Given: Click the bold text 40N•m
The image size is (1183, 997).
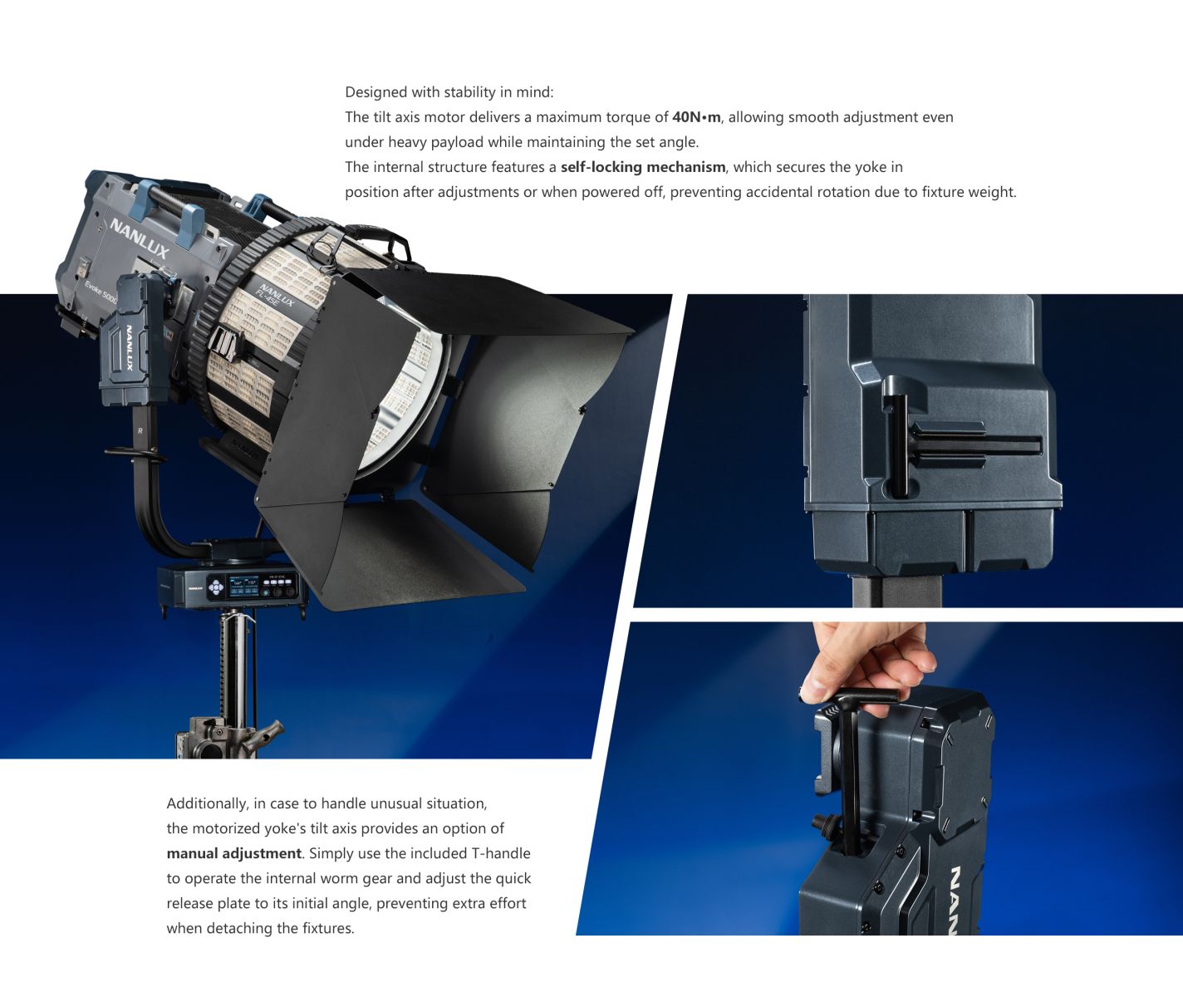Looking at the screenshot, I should coord(696,117).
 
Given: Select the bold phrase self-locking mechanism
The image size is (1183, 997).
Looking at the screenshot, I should coord(643,167).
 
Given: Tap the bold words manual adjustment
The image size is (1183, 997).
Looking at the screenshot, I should coord(233,853).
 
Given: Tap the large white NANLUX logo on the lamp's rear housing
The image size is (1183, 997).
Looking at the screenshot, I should coord(140,238).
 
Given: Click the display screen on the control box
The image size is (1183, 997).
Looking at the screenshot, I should coord(243,585).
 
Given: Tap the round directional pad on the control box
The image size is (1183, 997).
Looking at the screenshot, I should coord(216,586).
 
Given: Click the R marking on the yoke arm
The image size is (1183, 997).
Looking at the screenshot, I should coord(140,431).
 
